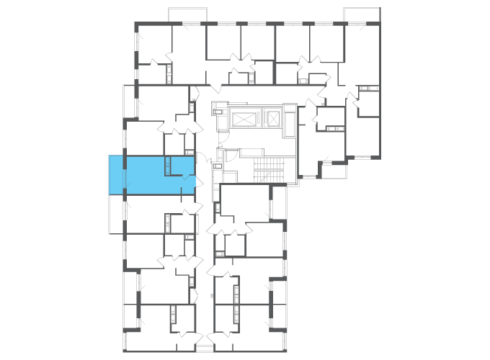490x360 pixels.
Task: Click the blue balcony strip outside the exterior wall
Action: coord(116,174)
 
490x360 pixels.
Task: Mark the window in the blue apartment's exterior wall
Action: coord(125,174)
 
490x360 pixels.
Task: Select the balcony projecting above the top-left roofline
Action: coord(187,15)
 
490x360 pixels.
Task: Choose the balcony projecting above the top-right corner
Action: coord(362,14)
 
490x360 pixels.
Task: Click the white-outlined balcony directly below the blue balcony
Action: coord(116,215)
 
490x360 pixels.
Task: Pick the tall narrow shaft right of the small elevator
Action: coord(289,121)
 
